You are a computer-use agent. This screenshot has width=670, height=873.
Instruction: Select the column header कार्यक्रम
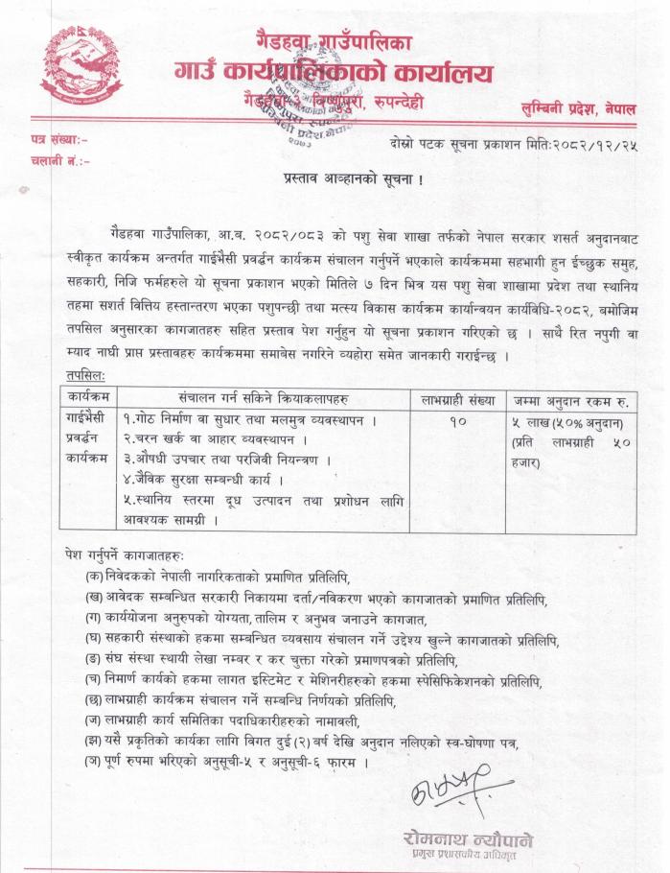pyautogui.click(x=89, y=396)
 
